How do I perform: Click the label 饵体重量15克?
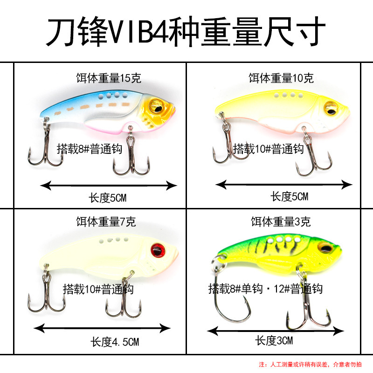108,78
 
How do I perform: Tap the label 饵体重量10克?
281,78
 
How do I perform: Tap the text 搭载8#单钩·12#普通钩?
265,289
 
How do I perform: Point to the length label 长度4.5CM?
114,343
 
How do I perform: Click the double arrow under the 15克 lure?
109,186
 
